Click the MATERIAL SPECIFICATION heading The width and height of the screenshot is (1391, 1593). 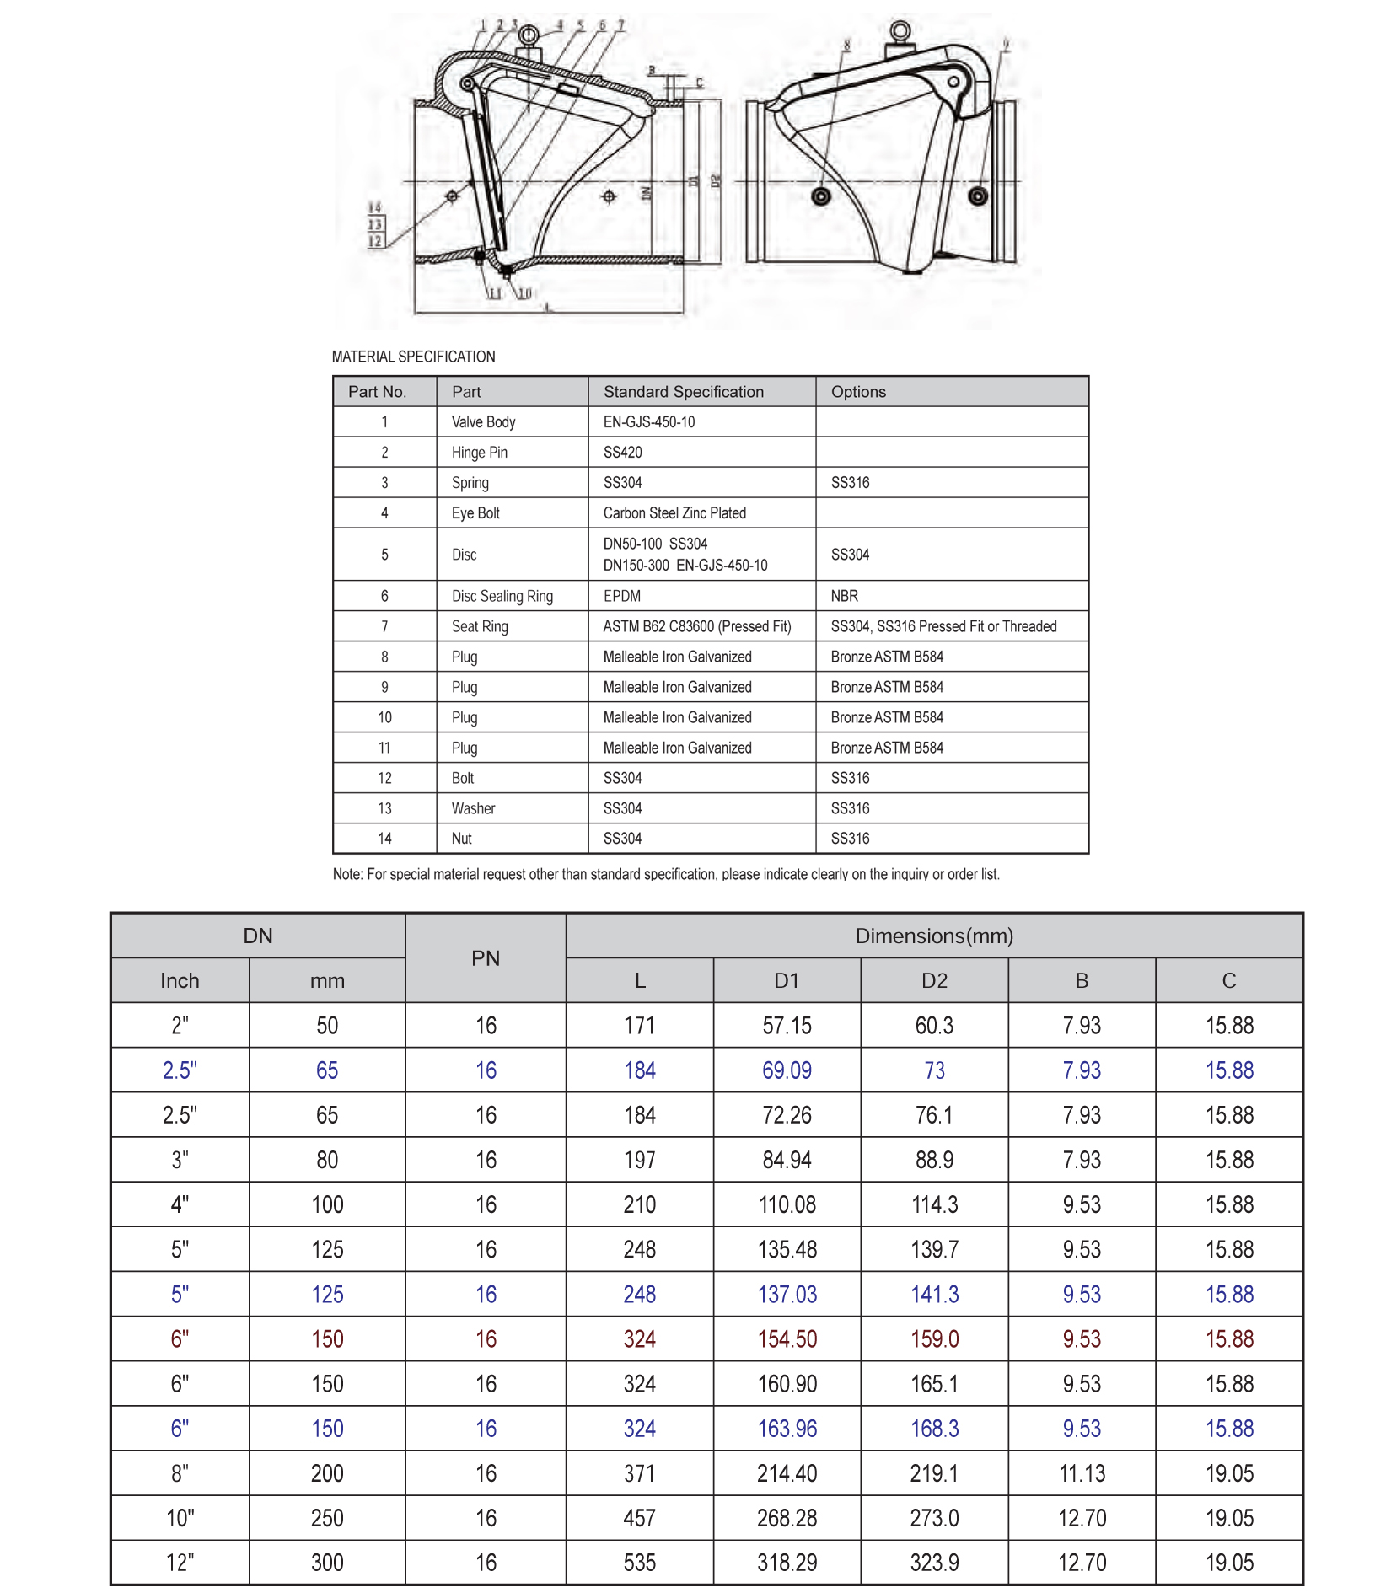click(x=413, y=357)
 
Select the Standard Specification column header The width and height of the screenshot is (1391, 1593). click(x=683, y=392)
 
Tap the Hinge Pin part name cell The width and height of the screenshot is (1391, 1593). click(x=479, y=453)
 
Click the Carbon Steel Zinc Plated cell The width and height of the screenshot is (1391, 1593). click(x=674, y=513)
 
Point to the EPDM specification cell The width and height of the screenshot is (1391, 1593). click(x=622, y=596)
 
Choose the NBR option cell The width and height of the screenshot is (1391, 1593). click(x=844, y=596)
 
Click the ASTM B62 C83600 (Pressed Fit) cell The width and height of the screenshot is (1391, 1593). click(x=697, y=626)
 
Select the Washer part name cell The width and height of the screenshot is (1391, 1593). click(x=473, y=808)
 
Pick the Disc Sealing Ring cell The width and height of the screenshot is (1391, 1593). click(x=502, y=596)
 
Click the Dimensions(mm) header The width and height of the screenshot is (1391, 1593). click(x=934, y=936)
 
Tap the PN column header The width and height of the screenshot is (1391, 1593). click(x=486, y=958)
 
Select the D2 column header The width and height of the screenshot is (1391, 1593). click(x=934, y=981)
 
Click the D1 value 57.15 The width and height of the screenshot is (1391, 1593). click(x=787, y=1026)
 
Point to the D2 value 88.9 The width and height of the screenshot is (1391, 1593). click(x=934, y=1160)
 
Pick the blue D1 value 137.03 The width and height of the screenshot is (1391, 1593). click(x=787, y=1295)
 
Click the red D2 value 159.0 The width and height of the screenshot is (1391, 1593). click(x=934, y=1339)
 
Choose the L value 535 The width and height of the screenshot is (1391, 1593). click(x=639, y=1563)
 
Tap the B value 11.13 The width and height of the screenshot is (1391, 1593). click(x=1082, y=1473)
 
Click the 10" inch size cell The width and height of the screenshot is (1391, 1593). click(x=180, y=1518)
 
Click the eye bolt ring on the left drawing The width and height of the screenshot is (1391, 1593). click(x=529, y=35)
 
